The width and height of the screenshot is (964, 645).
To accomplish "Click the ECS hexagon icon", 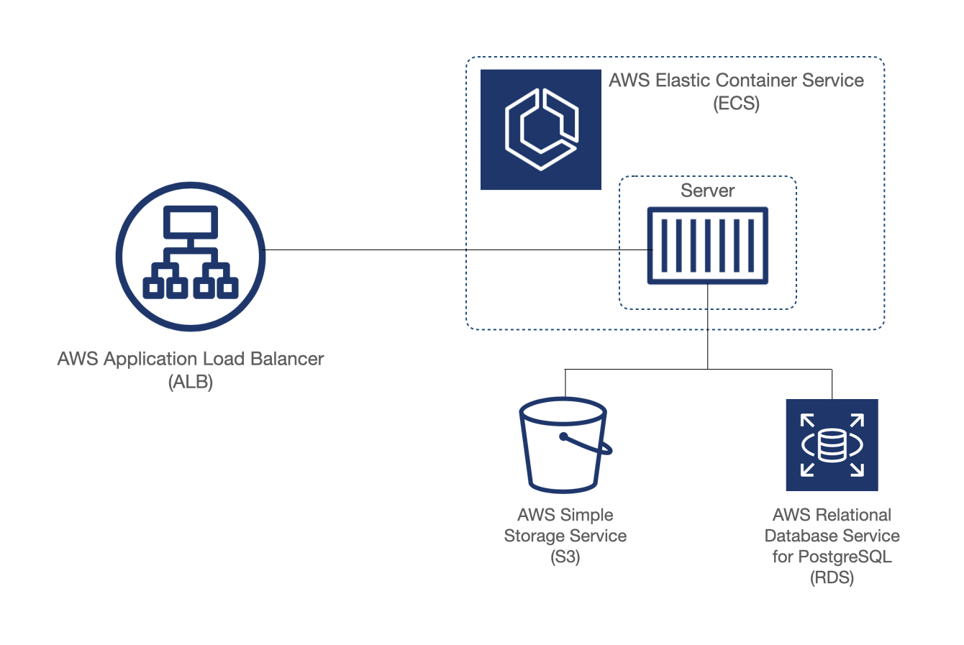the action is pos(540,129).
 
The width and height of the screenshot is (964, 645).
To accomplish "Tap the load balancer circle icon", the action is pos(191,257).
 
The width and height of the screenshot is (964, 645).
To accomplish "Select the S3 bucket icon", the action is pos(565,445).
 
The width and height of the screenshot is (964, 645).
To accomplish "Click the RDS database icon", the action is pos(832,445).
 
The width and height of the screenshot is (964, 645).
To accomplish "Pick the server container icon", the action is pos(707,246).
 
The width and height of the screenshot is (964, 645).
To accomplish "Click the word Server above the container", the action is pos(707,191).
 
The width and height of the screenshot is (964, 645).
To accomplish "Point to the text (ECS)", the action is pos(736,104).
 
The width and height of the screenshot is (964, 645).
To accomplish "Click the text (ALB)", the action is pos(190,382).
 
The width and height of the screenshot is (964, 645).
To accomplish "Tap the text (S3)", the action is pos(565,557).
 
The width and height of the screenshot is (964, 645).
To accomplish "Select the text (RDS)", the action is pos(832,577).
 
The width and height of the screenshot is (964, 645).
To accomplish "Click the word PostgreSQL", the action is pos(845,557).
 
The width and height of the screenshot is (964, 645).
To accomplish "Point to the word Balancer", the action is pos(287,359).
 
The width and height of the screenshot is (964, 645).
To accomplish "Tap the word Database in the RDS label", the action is pos(795,536).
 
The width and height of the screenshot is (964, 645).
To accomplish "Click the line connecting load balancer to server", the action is pos(458,250).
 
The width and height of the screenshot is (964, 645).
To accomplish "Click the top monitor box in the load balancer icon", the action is pos(190,222).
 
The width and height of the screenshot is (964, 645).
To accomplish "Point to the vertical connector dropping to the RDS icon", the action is pos(832,384).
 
